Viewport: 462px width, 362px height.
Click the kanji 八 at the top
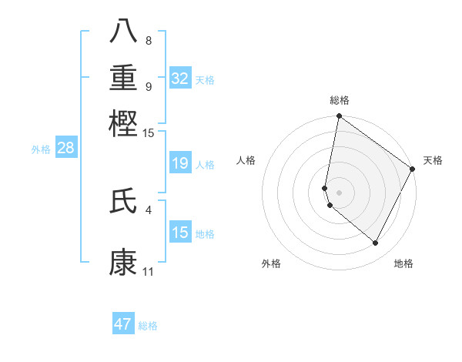coord(123,32)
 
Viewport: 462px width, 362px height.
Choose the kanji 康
coord(123,263)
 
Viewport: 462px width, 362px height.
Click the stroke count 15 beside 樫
coord(149,133)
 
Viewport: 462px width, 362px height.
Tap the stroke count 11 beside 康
coord(149,272)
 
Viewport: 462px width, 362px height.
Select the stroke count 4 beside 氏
coord(149,209)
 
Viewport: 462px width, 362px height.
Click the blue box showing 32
coord(179,79)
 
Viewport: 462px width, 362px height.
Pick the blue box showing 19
coord(179,163)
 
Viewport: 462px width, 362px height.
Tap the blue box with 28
coord(65,149)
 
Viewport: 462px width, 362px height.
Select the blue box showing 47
coord(123,324)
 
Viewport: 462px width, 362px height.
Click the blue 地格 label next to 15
coord(205,234)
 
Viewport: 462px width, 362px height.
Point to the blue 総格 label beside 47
coord(148,326)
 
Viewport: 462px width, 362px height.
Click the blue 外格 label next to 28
coord(41,149)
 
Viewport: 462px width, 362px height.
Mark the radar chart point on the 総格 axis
coord(339,117)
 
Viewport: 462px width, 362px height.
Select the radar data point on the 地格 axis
coord(376,243)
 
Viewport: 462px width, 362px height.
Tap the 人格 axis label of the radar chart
coord(246,160)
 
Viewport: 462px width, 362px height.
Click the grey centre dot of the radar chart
coord(339,191)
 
